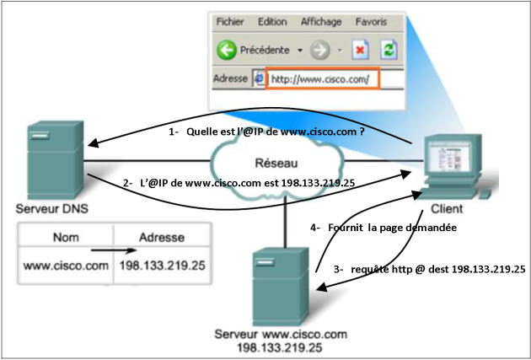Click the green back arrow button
pyautogui.click(x=227, y=50)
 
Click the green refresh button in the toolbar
pyautogui.click(x=389, y=50)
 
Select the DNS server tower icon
pyautogui.click(x=55, y=162)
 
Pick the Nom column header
pyautogui.click(x=65, y=239)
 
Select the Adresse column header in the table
pyautogui.click(x=159, y=239)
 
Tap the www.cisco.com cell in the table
pyautogui.click(x=67, y=267)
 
